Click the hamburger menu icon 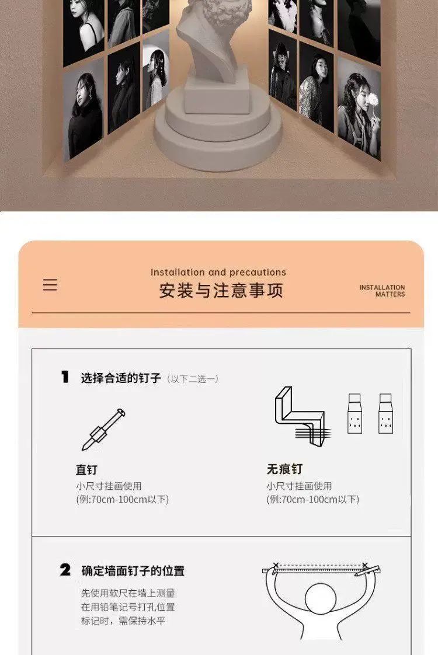pyautogui.click(x=50, y=285)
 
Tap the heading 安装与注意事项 pyautogui.click(x=221, y=291)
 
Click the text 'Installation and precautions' pyautogui.click(x=218, y=273)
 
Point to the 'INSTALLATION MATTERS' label pyautogui.click(x=382, y=291)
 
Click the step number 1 pyautogui.click(x=65, y=377)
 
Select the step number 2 pyautogui.click(x=65, y=570)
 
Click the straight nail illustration pyautogui.click(x=103, y=430)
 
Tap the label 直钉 pyautogui.click(x=86, y=469)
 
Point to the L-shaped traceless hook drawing pyautogui.click(x=300, y=416)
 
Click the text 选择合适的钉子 pyautogui.click(x=121, y=378)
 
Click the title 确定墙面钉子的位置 pyautogui.click(x=133, y=570)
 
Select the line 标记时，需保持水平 pyautogui.click(x=123, y=621)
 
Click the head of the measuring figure pyautogui.click(x=321, y=598)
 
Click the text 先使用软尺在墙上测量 pyautogui.click(x=128, y=593)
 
